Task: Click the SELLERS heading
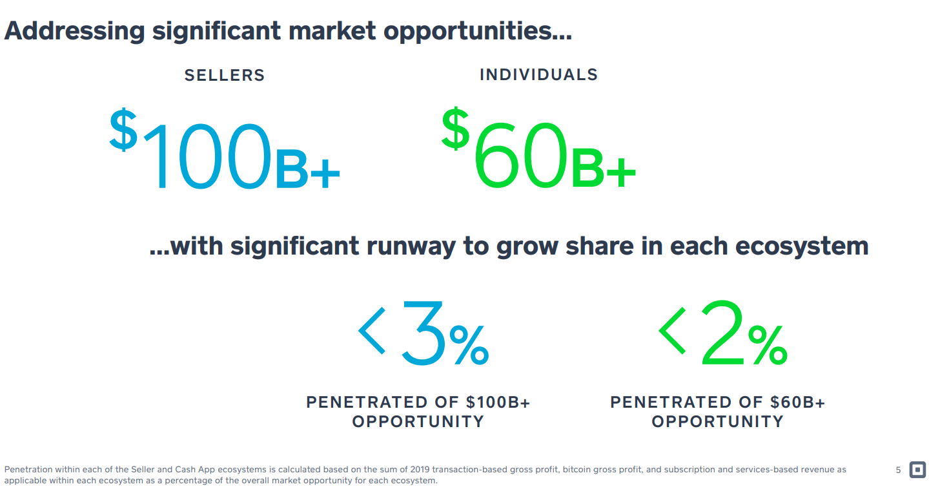click(x=225, y=76)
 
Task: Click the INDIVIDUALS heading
click(x=538, y=75)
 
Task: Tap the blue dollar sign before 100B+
click(x=123, y=129)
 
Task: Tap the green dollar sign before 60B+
click(x=455, y=128)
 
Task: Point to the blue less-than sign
click(x=372, y=331)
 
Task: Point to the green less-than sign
click(x=672, y=331)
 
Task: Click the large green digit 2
click(x=722, y=332)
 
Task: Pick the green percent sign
click(x=767, y=344)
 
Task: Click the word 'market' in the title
click(x=332, y=30)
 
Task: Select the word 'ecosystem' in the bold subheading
click(x=802, y=246)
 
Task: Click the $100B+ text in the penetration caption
click(x=498, y=402)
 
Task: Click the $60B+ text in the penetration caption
click(x=797, y=402)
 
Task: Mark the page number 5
click(x=898, y=470)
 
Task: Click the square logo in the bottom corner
click(x=917, y=470)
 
